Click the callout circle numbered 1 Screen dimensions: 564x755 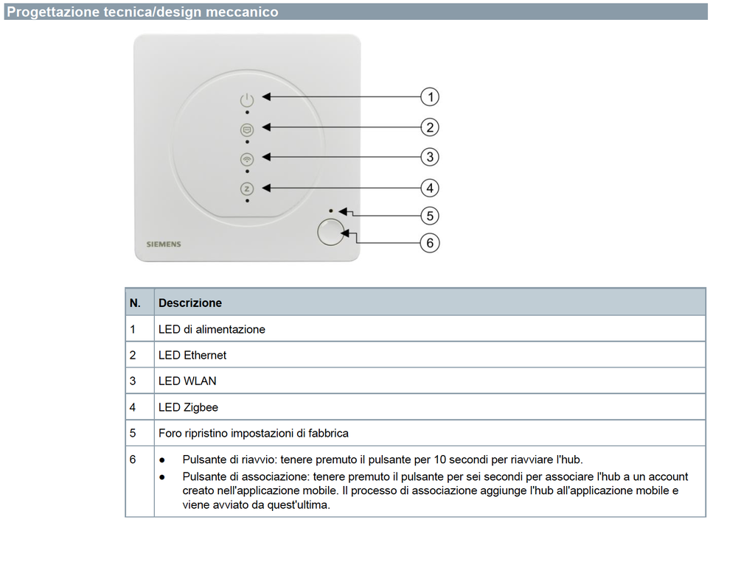click(430, 96)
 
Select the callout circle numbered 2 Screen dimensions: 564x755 click(430, 127)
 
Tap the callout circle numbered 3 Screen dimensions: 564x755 click(430, 157)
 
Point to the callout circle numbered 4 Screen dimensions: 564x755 click(430, 188)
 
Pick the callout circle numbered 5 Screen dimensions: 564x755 click(430, 216)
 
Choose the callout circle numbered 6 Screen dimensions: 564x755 click(430, 242)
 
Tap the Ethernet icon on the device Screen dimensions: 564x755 click(247, 129)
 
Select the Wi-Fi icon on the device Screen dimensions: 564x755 click(247, 158)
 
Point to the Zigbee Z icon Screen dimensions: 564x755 click(247, 188)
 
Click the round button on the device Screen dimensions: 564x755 click(330, 232)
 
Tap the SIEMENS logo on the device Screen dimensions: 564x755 click(163, 244)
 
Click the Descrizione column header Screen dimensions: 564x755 click(190, 303)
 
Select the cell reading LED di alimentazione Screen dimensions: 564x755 click(212, 329)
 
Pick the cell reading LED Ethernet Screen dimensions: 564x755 click(192, 355)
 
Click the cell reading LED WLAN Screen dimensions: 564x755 click(187, 381)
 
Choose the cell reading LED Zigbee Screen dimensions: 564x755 click(188, 407)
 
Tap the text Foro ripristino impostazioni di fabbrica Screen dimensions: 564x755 click(253, 433)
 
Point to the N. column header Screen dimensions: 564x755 click(135, 303)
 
